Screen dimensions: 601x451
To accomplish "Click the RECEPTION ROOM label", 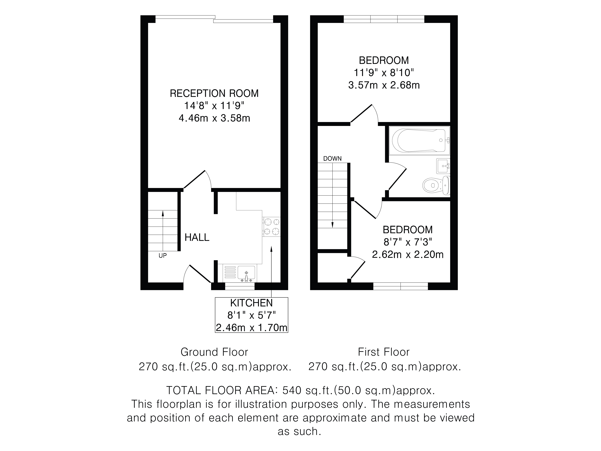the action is point(214,93).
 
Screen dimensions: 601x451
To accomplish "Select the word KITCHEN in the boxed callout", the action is point(251,303).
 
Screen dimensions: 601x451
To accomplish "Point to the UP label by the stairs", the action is point(162,256).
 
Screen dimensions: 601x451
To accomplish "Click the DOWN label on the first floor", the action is point(332,159).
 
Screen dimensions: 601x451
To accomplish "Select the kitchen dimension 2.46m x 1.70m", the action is point(251,328).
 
